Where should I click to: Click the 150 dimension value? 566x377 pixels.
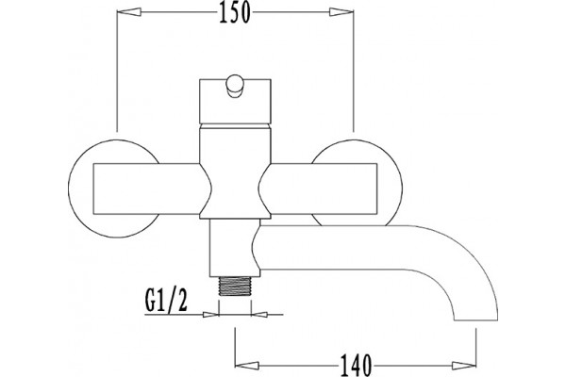tap(234, 12)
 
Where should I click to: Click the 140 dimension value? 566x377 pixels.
tap(356, 365)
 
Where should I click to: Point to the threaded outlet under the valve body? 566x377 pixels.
tap(235, 287)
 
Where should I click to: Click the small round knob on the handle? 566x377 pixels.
tap(235, 86)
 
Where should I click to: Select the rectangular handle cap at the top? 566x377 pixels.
tap(235, 102)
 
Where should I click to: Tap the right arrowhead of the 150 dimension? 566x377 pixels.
tap(341, 12)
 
